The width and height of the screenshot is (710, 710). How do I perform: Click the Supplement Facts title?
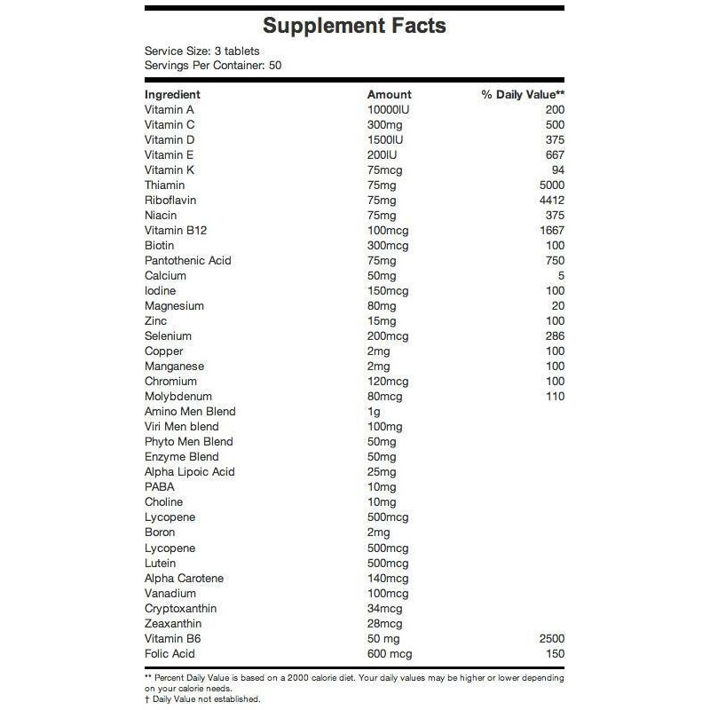point(354,25)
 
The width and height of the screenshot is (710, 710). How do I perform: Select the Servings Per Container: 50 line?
point(213,66)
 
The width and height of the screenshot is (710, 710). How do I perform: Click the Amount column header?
point(390,94)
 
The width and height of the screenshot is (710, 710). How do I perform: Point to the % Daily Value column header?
point(523,94)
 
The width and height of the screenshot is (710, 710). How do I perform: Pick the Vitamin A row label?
point(169,109)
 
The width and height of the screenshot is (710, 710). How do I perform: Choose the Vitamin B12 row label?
point(175,230)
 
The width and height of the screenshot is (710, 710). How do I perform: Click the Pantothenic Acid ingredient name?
point(187,260)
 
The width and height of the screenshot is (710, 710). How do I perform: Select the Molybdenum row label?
point(178,396)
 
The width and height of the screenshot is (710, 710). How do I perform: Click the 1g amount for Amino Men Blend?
point(374,411)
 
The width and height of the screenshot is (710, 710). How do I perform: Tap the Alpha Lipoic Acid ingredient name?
point(189,471)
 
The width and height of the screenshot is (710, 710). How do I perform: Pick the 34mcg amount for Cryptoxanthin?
point(386,608)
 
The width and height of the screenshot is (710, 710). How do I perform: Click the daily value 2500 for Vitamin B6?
point(551,638)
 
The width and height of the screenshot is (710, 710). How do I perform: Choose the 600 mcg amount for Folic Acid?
point(390,653)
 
